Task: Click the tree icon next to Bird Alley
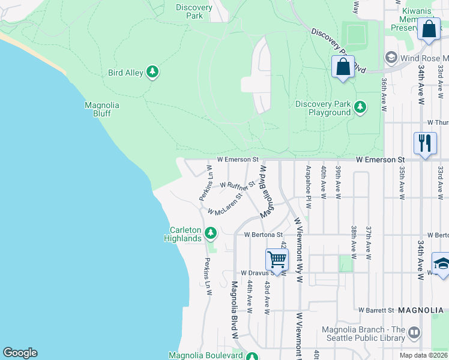pos(152,73)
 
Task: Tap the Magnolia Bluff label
pos(101,109)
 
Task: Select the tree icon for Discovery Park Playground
pos(360,107)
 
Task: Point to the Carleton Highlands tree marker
pos(210,233)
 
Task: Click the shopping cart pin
pos(277,259)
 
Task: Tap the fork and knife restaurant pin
pos(425,143)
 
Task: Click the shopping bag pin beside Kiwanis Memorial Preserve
pos(429,29)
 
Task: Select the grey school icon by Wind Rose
pos(391,58)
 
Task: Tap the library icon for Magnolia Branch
pos(414,332)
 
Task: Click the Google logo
pos(20,353)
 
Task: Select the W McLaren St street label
pos(228,204)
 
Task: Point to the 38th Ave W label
pos(355,242)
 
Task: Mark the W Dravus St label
pos(258,272)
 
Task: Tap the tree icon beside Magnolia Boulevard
pos(253,356)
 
